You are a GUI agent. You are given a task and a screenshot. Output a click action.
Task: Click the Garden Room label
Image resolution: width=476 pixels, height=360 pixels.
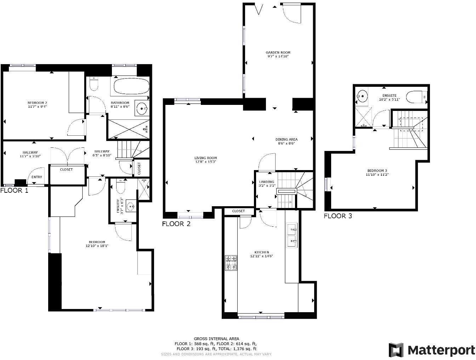coord(278,52)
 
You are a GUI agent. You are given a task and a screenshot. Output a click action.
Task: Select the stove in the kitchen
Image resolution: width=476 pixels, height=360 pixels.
coord(231,263)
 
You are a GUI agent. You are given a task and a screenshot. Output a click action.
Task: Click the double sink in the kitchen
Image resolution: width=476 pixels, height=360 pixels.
coord(292,236)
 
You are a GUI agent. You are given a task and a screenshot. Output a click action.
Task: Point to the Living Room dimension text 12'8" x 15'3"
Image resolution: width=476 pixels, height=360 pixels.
coord(205,162)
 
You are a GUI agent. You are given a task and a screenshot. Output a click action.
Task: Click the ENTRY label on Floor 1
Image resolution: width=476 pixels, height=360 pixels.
coord(37,177)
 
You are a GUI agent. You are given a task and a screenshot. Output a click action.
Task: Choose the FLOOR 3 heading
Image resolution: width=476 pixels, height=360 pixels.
coord(338,216)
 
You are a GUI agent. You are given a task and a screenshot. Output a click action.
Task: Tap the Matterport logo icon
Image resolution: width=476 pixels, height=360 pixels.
coord(396,350)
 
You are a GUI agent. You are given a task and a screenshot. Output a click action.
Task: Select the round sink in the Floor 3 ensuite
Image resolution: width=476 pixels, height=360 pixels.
coord(362,95)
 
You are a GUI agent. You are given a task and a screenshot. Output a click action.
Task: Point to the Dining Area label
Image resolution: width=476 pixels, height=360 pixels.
coord(287,139)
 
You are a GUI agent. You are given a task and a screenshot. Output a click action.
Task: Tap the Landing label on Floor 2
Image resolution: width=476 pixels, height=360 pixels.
coord(266,182)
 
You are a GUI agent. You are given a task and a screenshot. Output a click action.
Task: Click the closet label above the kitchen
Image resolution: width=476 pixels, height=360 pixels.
coord(238,211)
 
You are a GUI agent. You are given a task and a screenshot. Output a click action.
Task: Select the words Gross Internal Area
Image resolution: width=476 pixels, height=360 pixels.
coord(216,339)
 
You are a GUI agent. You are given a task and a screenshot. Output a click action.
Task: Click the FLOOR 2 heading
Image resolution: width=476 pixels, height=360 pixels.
coord(176,224)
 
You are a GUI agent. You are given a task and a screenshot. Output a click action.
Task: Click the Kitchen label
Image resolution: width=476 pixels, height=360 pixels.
coord(262,252)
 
